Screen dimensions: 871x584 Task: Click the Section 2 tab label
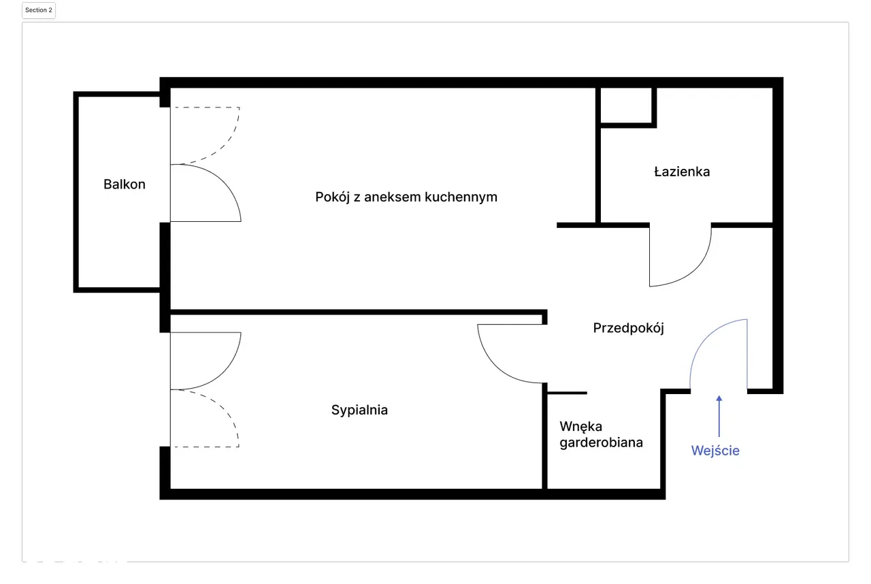click(39, 10)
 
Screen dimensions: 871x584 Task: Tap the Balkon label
click(125, 184)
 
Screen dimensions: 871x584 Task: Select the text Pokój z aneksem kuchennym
click(406, 197)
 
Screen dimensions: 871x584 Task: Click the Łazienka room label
click(682, 172)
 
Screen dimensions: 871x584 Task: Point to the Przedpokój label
click(628, 328)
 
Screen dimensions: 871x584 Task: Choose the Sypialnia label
click(359, 410)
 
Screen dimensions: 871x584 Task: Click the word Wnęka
click(581, 427)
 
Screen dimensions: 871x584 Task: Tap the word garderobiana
click(601, 443)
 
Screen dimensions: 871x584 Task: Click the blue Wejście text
click(715, 451)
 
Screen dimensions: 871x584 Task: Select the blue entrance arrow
click(719, 416)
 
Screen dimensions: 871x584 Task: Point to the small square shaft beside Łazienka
click(626, 106)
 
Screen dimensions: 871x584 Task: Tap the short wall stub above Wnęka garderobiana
click(567, 393)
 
